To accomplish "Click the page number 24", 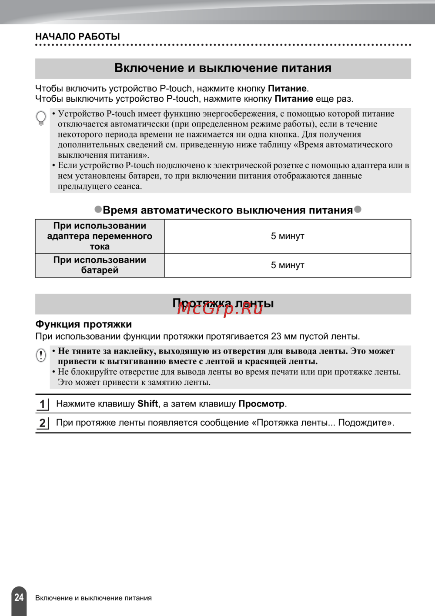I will tap(19, 597).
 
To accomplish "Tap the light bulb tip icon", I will tap(41, 118).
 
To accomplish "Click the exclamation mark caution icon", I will tap(41, 355).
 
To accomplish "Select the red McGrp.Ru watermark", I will tap(220, 308).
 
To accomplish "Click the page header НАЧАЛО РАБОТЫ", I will tap(77, 37).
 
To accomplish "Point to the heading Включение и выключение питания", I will tap(223, 68).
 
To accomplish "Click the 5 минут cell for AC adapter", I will tap(288, 236).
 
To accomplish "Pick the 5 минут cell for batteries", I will tap(288, 265).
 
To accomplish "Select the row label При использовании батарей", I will tap(100, 265).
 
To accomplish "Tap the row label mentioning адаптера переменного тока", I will tap(100, 236).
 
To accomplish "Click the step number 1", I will tap(42, 404).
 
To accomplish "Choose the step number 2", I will tap(42, 423).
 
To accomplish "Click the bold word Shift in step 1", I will tap(147, 404).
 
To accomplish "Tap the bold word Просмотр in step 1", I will tap(261, 404).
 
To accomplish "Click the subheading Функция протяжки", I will tap(84, 324).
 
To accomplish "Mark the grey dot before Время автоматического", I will tap(98, 210).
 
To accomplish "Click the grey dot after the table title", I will tap(358, 210).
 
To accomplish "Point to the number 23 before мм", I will tap(276, 336).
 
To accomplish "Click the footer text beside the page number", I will tap(94, 598).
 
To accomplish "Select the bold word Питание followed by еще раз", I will tap(294, 99).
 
